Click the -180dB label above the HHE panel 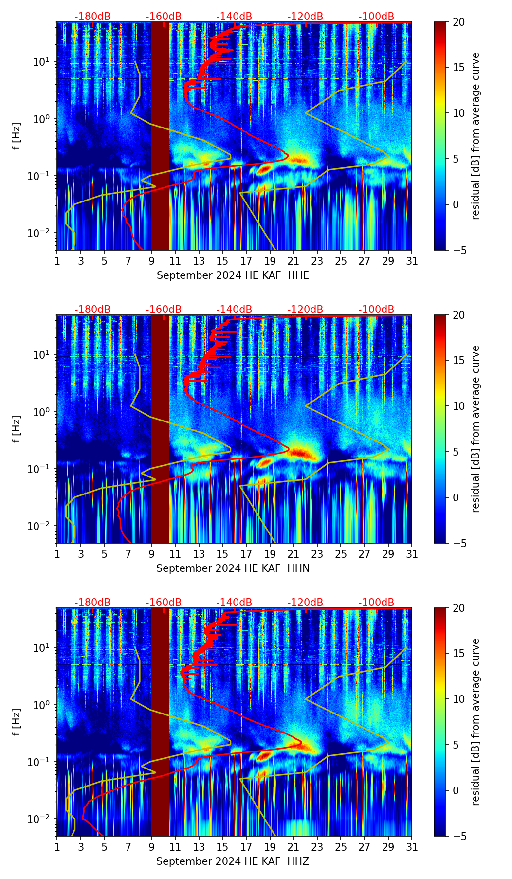92,17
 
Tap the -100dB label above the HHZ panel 376,603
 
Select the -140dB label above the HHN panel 234,310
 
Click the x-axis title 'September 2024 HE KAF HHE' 233,275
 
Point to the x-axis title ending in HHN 233,568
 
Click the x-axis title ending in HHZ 233,861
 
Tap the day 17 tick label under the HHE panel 246,261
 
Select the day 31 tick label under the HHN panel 412,554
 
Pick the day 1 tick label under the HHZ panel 57,847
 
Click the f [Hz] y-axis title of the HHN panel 17,429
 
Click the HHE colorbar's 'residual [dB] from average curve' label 475,136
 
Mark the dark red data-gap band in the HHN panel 160,429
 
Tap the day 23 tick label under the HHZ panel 317,847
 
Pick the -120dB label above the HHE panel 305,17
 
